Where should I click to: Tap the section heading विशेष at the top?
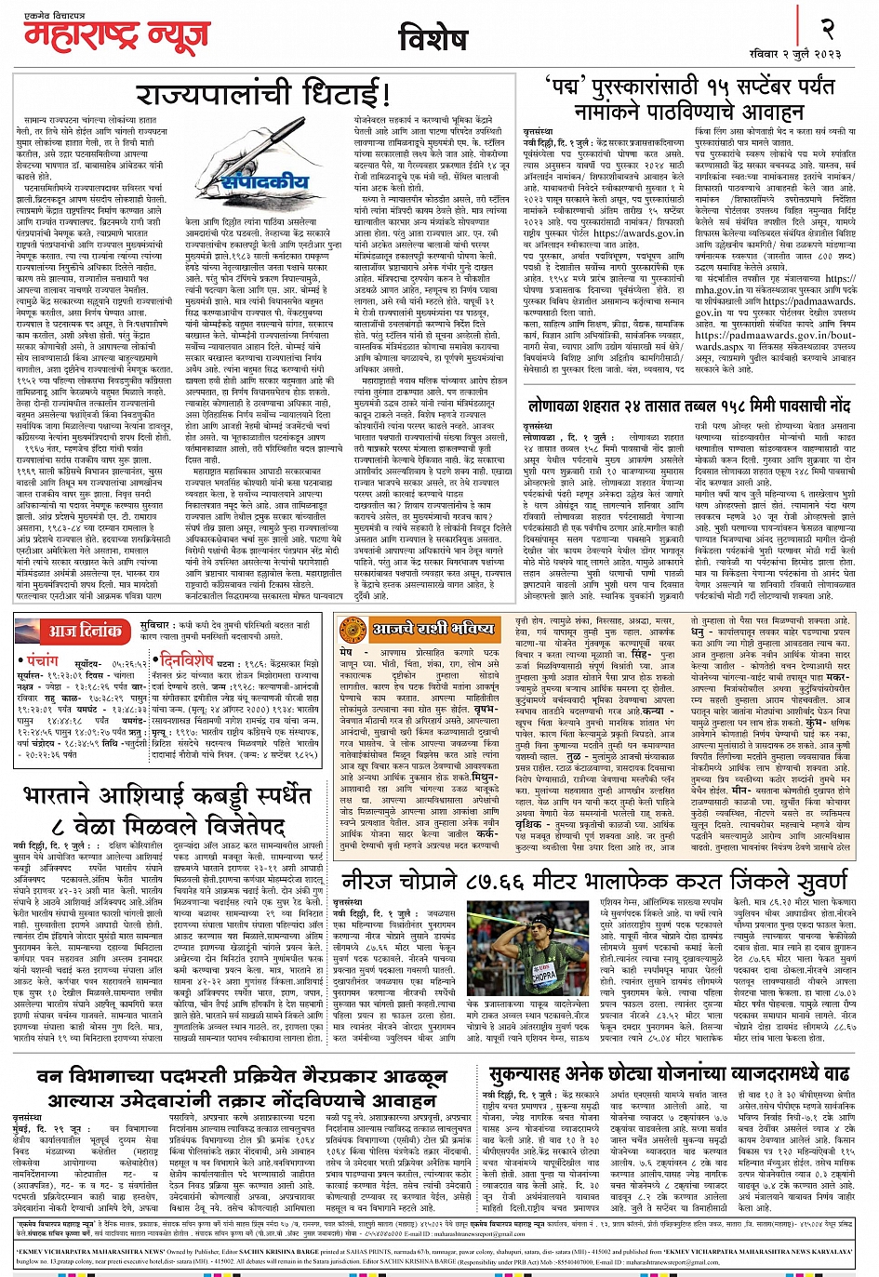tap(433, 39)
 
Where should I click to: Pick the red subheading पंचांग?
tap(42, 660)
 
